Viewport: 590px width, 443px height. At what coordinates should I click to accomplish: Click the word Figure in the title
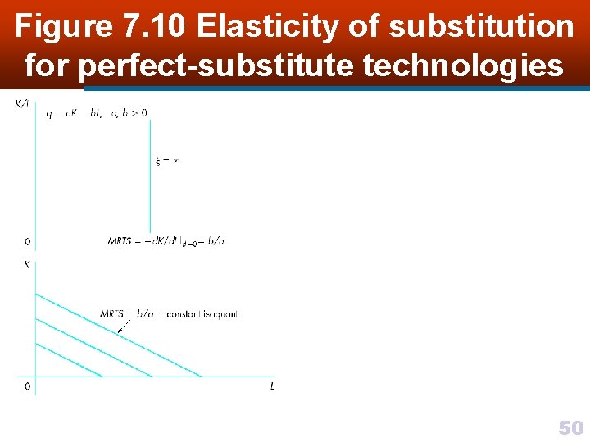[62, 27]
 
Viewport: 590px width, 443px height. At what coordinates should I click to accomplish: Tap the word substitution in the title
[481, 27]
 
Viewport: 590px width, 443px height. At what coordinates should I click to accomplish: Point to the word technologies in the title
[463, 64]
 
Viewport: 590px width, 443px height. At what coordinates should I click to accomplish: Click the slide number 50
[570, 427]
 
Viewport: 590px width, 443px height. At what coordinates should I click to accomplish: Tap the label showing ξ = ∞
[167, 161]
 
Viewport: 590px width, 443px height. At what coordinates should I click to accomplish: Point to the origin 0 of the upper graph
[27, 242]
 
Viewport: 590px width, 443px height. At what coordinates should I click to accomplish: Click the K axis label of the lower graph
[27, 265]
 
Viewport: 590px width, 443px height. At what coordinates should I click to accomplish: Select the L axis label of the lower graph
[272, 386]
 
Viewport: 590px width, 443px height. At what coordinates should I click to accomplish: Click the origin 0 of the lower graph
[27, 386]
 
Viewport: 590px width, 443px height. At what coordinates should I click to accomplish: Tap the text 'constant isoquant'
[202, 314]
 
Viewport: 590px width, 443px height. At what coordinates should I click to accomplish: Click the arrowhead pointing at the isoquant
[120, 331]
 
